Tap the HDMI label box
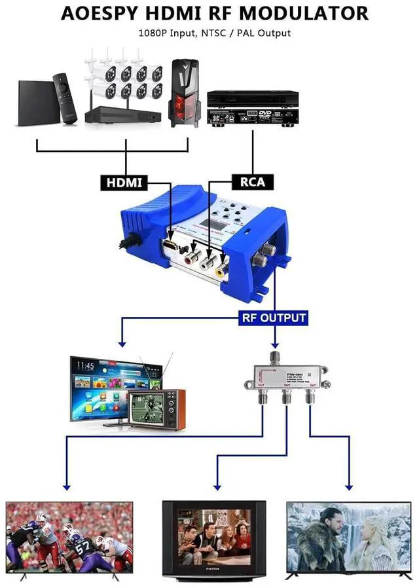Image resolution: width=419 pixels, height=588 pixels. click(x=124, y=182)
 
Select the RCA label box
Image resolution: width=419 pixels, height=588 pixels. click(x=253, y=181)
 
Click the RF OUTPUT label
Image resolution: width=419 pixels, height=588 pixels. click(x=274, y=319)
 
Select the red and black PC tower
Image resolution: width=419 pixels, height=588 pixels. click(x=184, y=92)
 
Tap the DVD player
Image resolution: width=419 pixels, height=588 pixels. click(x=253, y=107)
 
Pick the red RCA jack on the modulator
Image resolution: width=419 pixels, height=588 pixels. click(x=192, y=258)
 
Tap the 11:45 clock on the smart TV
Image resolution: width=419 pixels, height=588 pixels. click(x=86, y=366)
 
